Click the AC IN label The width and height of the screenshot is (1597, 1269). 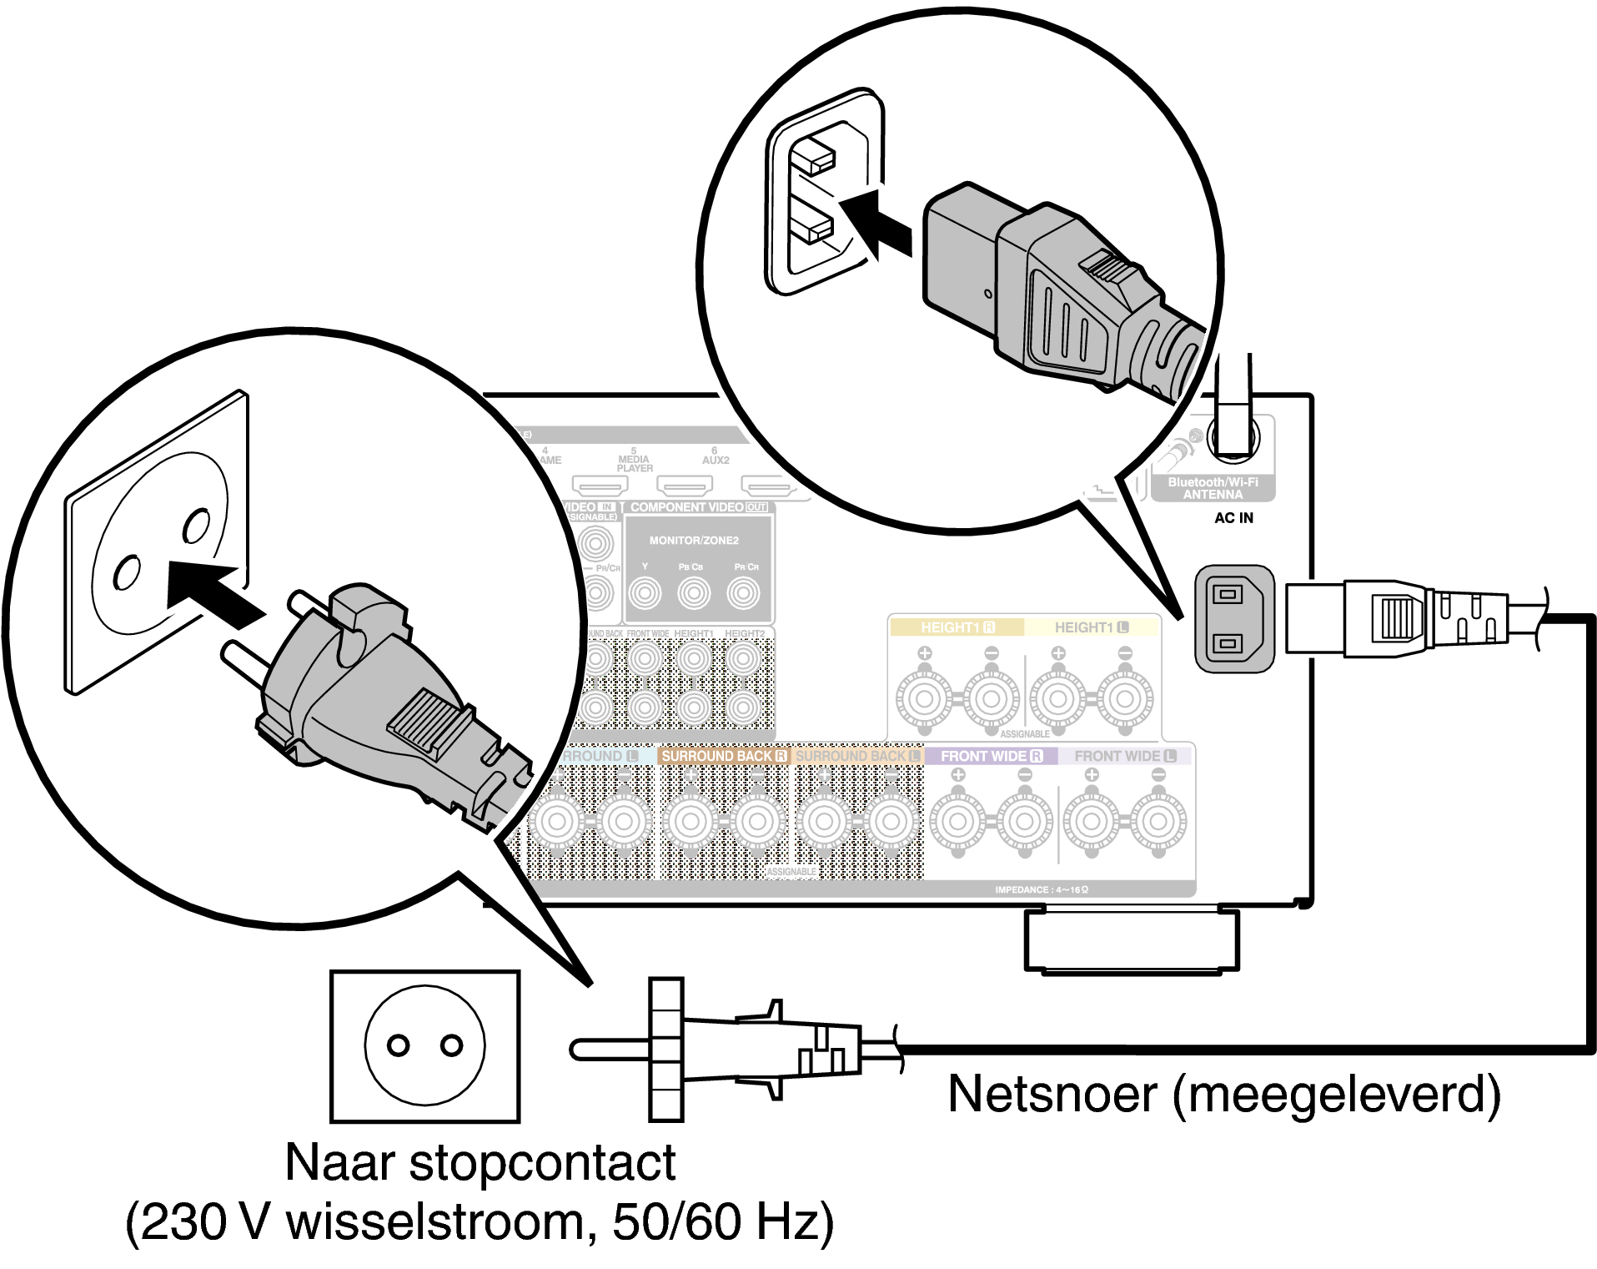(1233, 518)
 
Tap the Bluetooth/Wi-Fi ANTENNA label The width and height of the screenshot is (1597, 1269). (1213, 488)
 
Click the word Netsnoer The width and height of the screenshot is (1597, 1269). (1052, 1094)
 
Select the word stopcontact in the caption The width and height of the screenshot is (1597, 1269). (542, 1162)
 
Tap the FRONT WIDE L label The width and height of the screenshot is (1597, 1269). (1124, 756)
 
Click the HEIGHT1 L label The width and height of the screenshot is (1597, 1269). (1091, 627)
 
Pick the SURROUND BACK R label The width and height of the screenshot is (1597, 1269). (723, 756)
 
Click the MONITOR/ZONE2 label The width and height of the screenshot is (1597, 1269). (694, 541)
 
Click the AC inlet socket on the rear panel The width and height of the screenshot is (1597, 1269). (1233, 618)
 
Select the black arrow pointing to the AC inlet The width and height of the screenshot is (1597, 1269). (876, 223)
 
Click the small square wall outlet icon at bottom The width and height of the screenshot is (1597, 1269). (424, 1046)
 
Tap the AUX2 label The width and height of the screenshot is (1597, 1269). (716, 459)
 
